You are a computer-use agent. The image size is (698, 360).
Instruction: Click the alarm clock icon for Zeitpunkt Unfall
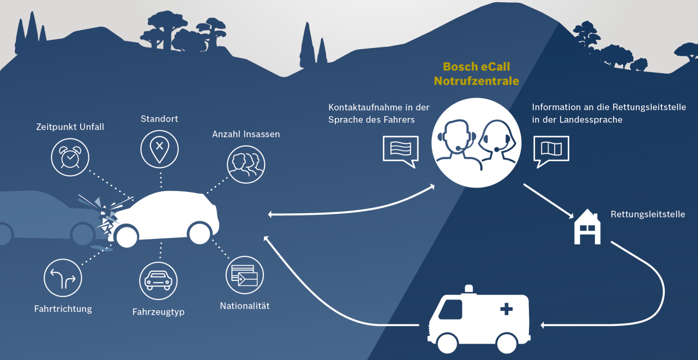[70, 157]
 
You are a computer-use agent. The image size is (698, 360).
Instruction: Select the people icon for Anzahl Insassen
[246, 165]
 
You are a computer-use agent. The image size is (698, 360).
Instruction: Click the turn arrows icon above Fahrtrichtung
[63, 278]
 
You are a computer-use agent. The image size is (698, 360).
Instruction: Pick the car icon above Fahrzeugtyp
[158, 281]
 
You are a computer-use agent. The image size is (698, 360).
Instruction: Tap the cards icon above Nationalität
[244, 275]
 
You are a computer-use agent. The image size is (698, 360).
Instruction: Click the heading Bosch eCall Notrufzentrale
[476, 74]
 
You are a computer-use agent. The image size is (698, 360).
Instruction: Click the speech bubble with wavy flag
[400, 149]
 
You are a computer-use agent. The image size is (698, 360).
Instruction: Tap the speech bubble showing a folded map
[551, 149]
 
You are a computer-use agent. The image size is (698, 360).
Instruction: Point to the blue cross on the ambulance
[507, 309]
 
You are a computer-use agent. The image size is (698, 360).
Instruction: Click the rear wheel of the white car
[200, 233]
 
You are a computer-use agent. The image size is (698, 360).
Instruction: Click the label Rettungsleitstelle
[647, 214]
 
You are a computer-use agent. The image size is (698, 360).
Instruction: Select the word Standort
[159, 119]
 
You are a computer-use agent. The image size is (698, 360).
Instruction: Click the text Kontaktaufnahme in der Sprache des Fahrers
[378, 113]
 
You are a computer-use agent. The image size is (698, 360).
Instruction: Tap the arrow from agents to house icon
[547, 201]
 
